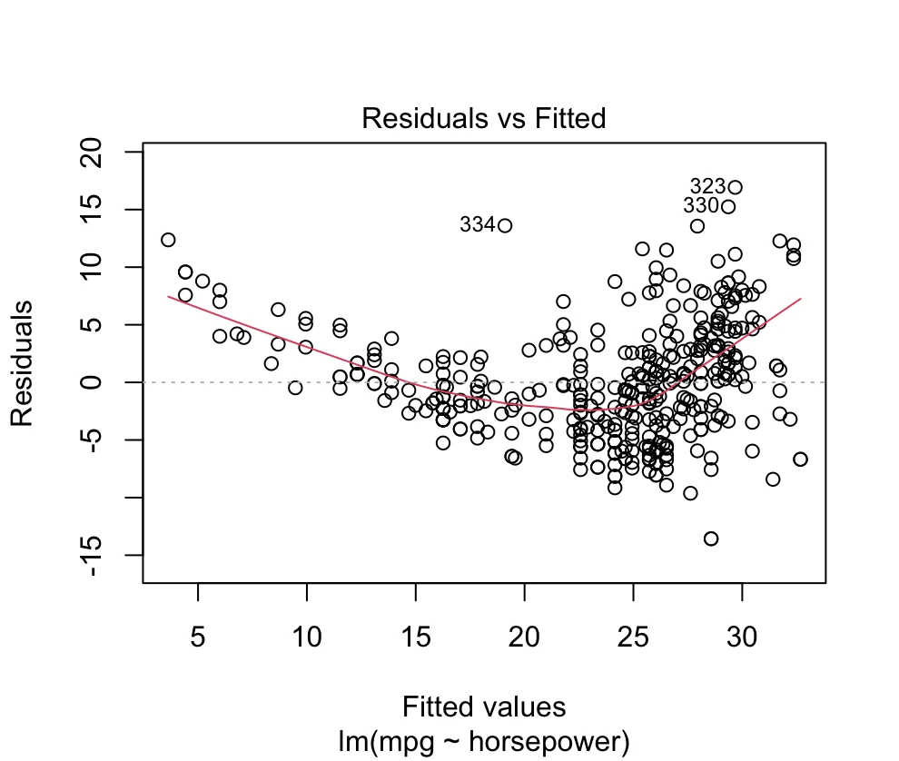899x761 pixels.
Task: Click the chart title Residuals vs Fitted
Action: pyautogui.click(x=483, y=119)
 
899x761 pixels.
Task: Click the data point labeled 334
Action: pyautogui.click(x=505, y=225)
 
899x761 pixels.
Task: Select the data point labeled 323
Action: pyautogui.click(x=735, y=188)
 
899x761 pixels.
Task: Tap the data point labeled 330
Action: pyautogui.click(x=727, y=206)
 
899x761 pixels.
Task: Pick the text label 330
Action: pyautogui.click(x=701, y=206)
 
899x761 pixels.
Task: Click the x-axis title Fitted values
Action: pyautogui.click(x=483, y=707)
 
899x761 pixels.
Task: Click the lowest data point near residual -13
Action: pyautogui.click(x=711, y=539)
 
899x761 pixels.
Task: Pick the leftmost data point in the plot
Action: pyautogui.click(x=168, y=240)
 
